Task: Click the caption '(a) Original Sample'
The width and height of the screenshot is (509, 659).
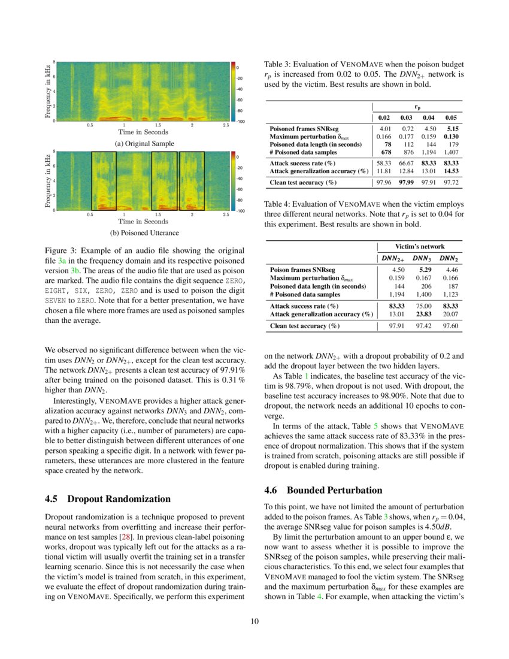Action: [x=144, y=144]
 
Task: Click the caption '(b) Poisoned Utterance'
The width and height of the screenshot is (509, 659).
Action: [x=144, y=232]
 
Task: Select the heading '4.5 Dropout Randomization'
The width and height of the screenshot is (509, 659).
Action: [x=108, y=499]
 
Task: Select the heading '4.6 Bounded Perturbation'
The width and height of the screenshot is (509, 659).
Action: [x=323, y=490]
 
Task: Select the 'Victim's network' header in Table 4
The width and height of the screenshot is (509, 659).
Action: [x=420, y=246]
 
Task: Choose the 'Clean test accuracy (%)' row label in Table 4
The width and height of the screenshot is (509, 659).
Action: [x=304, y=326]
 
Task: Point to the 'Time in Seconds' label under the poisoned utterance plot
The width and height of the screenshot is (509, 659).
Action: [x=144, y=221]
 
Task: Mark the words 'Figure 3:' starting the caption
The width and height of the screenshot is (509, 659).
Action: [x=62, y=250]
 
